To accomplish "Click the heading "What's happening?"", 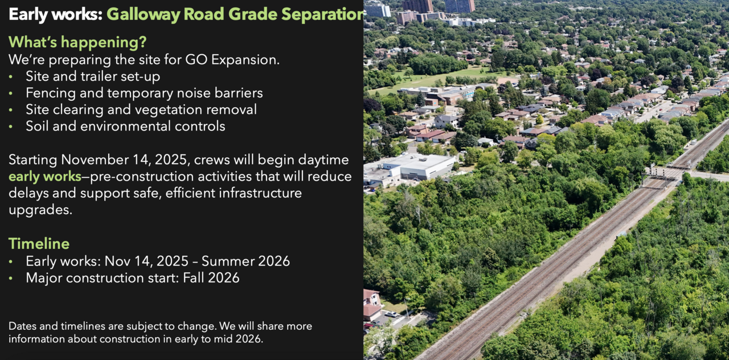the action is (77, 42).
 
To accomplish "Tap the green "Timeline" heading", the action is (39, 244).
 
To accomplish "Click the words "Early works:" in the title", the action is (56, 14).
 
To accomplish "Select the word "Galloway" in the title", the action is (143, 15).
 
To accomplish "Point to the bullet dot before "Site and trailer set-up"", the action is (11, 77).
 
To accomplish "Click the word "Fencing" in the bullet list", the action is (51, 93).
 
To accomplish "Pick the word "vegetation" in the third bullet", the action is (169, 110).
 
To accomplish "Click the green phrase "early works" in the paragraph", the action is (45, 177).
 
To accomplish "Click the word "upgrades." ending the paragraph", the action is (40, 210).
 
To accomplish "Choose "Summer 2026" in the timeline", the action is (245, 261).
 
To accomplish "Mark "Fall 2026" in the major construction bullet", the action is (211, 278).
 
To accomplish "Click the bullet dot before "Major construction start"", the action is (11, 279).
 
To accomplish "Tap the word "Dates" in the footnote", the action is (22, 326).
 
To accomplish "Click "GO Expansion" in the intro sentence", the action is (232, 60).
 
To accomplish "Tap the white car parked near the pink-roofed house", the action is (391, 314).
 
